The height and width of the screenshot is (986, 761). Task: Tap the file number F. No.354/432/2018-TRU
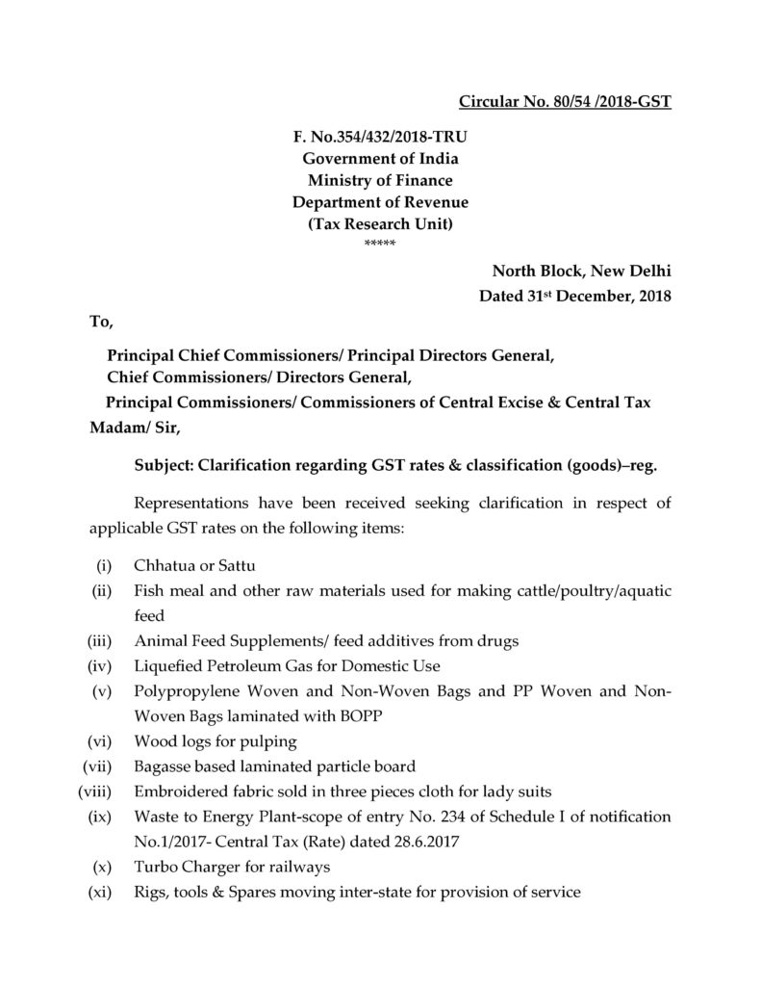pos(380,138)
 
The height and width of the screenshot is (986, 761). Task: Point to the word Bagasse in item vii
pos(165,766)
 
